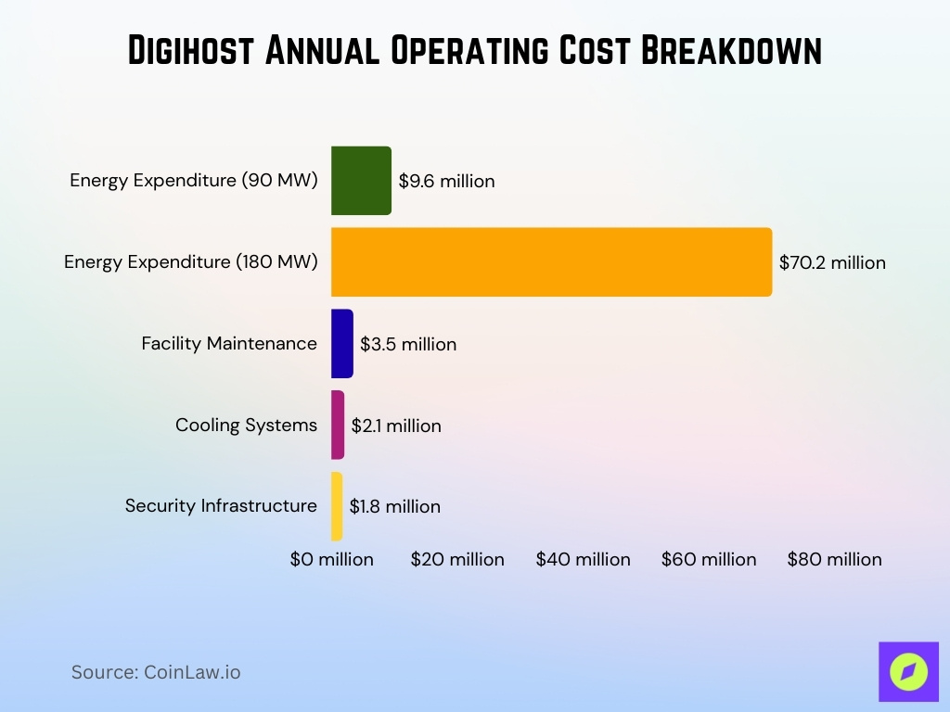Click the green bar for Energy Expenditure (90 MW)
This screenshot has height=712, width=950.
[361, 181]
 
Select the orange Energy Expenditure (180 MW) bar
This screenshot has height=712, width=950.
[551, 262]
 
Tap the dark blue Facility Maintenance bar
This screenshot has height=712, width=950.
[342, 344]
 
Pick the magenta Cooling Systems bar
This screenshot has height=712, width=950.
[338, 426]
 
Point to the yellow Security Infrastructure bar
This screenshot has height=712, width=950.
[337, 506]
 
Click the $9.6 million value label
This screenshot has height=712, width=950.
[446, 182]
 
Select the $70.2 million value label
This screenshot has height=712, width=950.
[832, 263]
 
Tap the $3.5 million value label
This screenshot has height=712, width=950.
[408, 345]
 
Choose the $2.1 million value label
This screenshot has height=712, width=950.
[396, 426]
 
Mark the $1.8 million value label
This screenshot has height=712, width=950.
[394, 507]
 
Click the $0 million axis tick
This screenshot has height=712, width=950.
[331, 560]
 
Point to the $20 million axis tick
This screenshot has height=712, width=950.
[457, 560]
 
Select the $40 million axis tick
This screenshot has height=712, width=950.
[583, 560]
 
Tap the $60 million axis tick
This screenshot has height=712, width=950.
[709, 560]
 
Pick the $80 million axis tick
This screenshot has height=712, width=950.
[834, 560]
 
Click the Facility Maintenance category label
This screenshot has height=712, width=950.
[229, 344]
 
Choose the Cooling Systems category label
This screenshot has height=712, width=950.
[246, 426]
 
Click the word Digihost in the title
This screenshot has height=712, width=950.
[190, 50]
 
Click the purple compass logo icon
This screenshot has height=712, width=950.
[908, 671]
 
